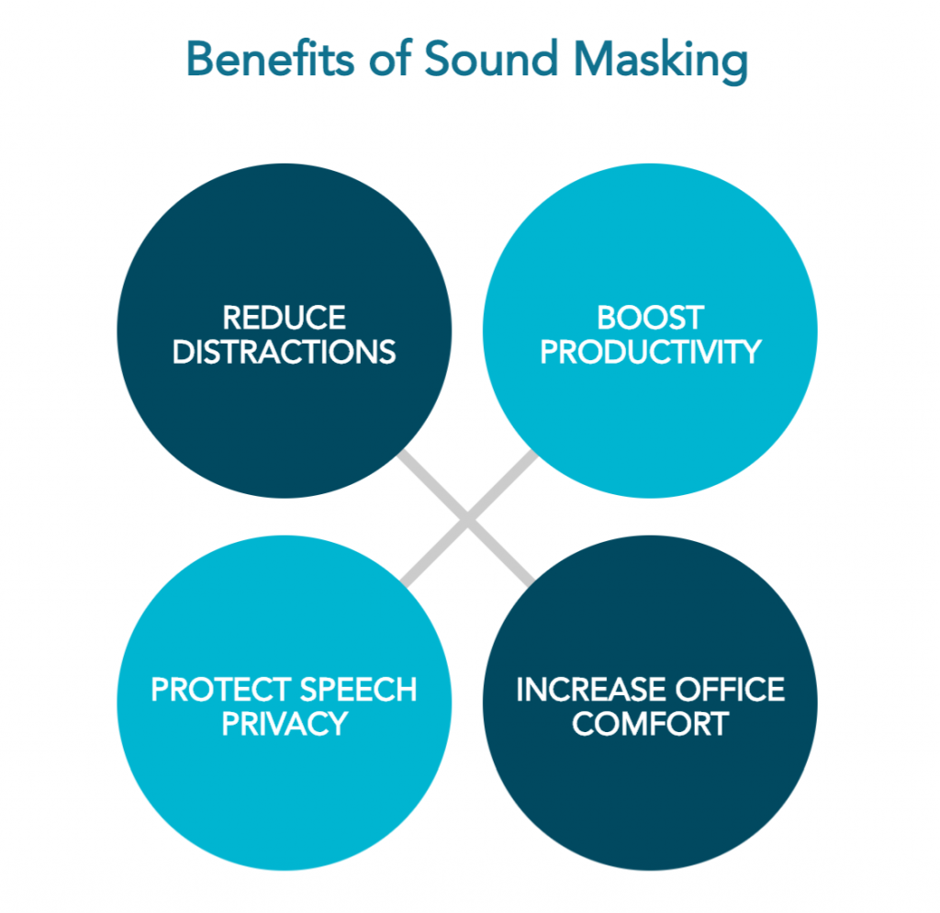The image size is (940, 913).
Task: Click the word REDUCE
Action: pos(284,319)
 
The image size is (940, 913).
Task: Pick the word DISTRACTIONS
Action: pos(284,352)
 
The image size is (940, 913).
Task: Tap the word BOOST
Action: pos(650,319)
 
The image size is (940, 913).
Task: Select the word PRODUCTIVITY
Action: pos(650,352)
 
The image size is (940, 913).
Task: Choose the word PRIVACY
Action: pos(284,723)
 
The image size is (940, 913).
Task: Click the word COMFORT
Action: pos(650,723)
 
